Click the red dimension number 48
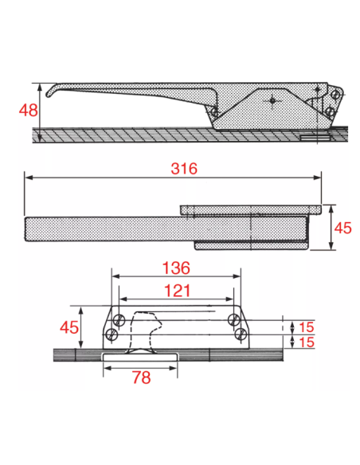click(x=29, y=111)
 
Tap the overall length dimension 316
click(x=184, y=169)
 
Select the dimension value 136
click(x=176, y=268)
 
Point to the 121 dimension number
click(x=177, y=291)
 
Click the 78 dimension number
click(x=142, y=377)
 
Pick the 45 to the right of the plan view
click(x=342, y=228)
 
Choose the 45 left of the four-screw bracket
click(x=69, y=327)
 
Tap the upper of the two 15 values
click(x=307, y=327)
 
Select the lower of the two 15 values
click(x=307, y=342)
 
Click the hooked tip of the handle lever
click(x=48, y=95)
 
